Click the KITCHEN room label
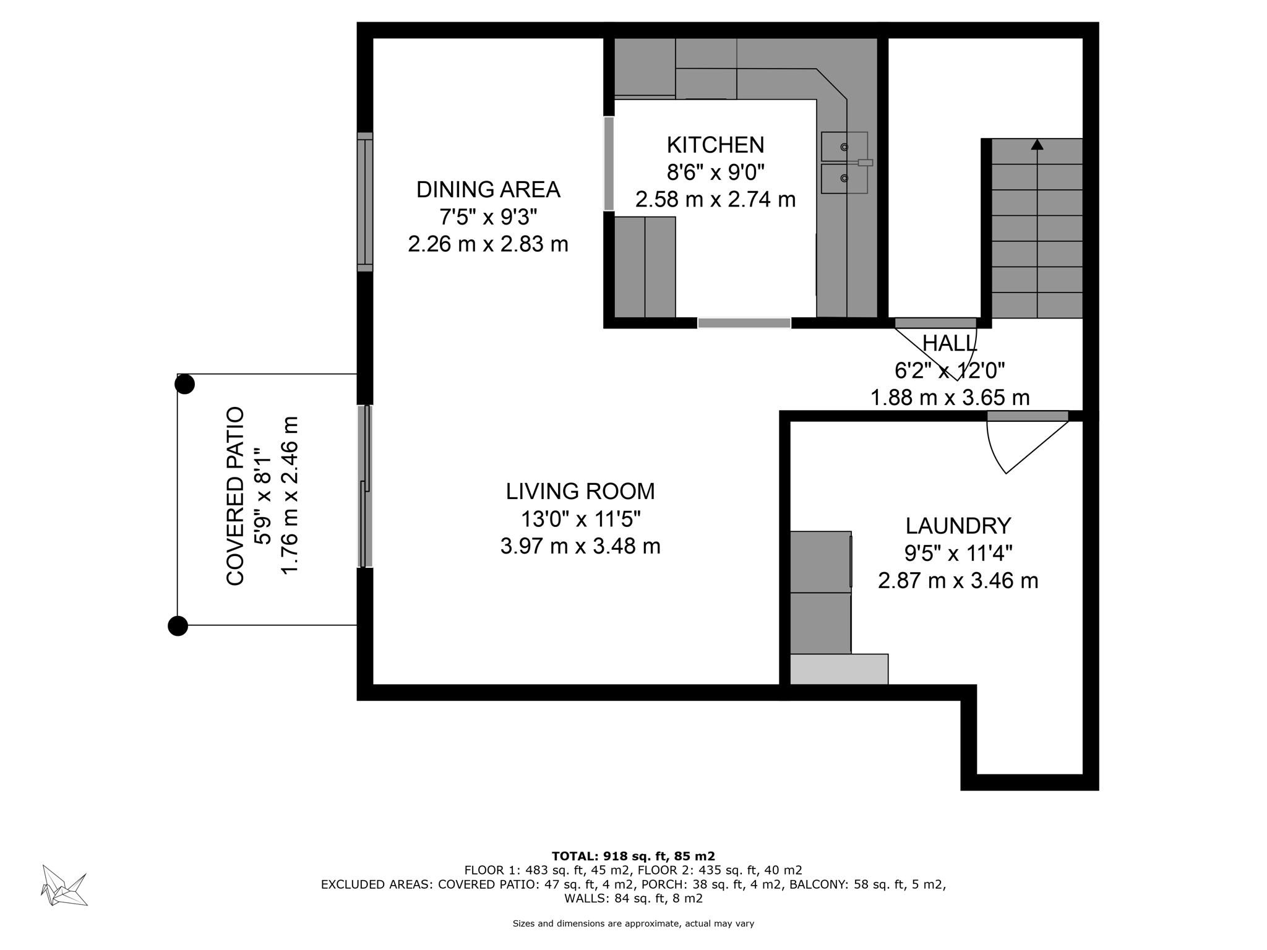click(715, 145)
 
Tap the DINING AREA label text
click(488, 190)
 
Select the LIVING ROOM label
click(580, 492)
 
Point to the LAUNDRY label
click(958, 526)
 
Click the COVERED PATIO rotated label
click(236, 496)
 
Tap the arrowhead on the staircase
click(1037, 145)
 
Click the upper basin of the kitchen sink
click(843, 147)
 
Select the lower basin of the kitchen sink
click(843, 179)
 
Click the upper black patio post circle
click(184, 384)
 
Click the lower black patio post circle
click(178, 626)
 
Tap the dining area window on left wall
click(365, 202)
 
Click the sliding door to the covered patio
click(366, 486)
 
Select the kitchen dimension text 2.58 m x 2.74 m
click(715, 200)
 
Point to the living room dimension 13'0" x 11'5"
click(580, 519)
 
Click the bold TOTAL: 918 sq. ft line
click(633, 857)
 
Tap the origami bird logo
click(64, 885)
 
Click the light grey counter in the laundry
click(839, 669)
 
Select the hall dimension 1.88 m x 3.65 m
click(950, 398)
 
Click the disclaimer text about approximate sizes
click(633, 924)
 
